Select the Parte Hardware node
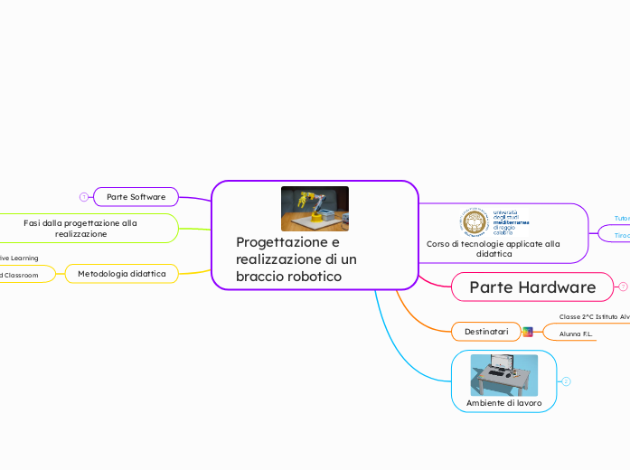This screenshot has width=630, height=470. tap(532, 287)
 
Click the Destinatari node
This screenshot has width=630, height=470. tap(486, 333)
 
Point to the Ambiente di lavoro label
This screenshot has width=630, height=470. tap(503, 402)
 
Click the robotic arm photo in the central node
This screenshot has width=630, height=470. tap(315, 209)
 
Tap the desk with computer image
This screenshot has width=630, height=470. tap(503, 375)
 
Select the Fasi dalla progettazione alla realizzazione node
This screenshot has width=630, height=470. tap(81, 228)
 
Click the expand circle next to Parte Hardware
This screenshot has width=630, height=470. tap(623, 287)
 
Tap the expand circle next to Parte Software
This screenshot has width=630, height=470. tap(83, 196)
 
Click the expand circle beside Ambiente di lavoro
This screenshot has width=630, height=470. tap(566, 381)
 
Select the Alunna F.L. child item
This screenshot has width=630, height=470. tap(576, 334)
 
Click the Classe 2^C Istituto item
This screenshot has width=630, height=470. tap(594, 316)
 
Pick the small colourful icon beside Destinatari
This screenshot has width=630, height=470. tap(528, 333)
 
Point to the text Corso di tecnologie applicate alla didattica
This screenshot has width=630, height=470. tap(494, 249)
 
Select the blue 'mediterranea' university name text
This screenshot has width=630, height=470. tap(511, 221)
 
